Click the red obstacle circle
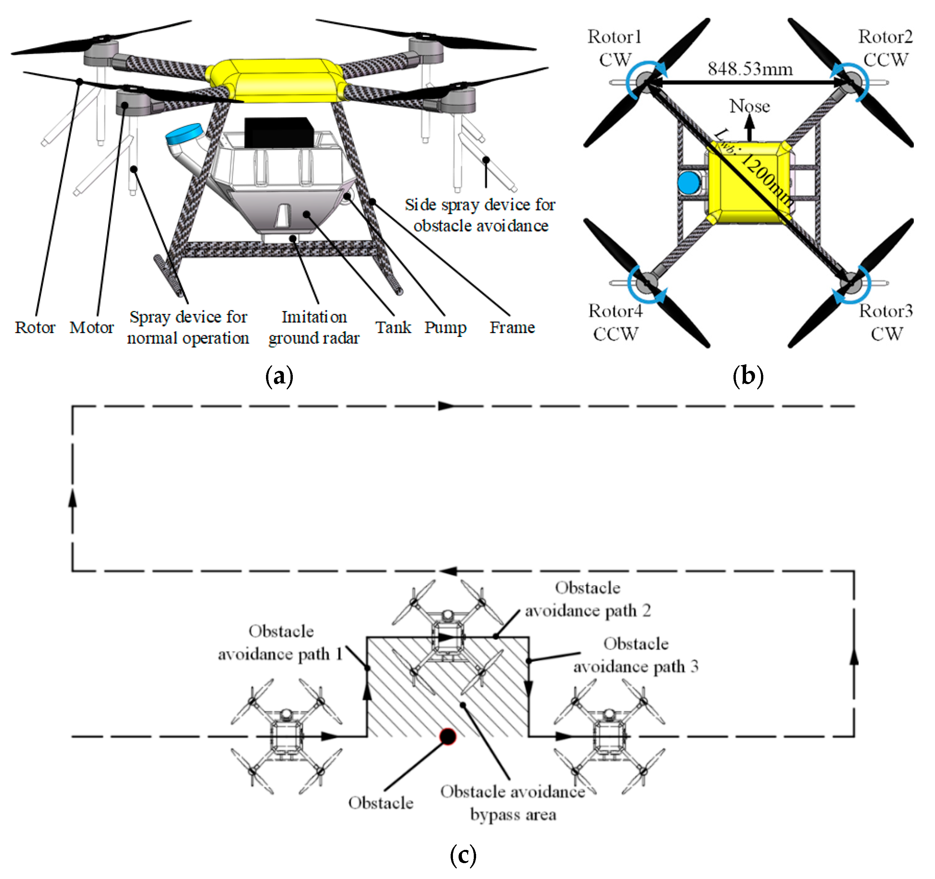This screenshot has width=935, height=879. point(448,736)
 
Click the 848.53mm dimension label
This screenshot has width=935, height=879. point(750,69)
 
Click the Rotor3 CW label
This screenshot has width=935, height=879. point(886,323)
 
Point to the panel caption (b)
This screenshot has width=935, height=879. point(748,376)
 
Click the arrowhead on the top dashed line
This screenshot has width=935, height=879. point(445,406)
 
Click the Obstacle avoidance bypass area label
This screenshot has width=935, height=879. point(512,803)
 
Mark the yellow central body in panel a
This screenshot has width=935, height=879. point(278,80)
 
